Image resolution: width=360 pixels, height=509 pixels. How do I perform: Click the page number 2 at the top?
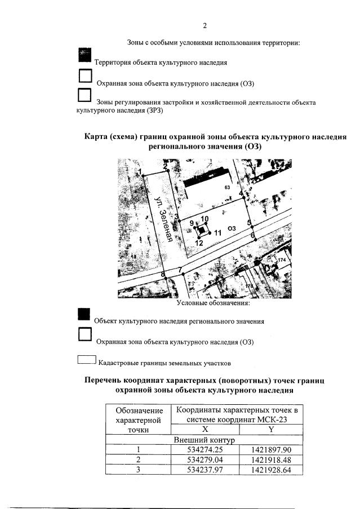point(205,25)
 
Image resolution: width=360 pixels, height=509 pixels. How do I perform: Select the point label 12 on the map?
point(199,244)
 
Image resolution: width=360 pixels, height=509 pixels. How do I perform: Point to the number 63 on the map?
point(228,187)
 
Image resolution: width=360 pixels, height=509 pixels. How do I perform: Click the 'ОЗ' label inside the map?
point(231,228)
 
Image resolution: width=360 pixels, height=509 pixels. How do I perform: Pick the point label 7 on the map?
point(180,270)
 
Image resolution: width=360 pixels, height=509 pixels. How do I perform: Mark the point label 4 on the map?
point(242,194)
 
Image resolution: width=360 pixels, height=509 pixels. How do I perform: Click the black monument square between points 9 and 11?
point(201,230)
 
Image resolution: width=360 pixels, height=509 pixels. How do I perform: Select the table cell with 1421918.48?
point(270,459)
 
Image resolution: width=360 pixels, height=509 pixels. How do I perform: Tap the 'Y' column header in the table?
point(270,430)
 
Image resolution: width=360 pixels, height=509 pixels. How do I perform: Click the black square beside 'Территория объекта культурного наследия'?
point(85,55)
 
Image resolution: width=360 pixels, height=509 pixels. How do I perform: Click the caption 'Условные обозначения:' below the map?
point(214,303)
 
